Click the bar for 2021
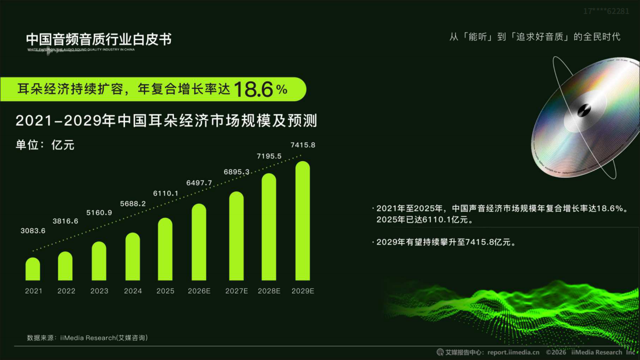click(33, 269)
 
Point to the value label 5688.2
click(132, 204)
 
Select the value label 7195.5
click(269, 156)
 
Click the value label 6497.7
click(199, 183)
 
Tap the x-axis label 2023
click(99, 291)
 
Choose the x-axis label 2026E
click(199, 291)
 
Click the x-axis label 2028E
click(269, 291)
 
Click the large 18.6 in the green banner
click(253, 89)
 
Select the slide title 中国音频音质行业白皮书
click(99, 39)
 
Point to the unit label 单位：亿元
click(45, 145)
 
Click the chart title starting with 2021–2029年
click(166, 121)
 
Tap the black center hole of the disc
click(585, 109)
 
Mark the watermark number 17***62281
click(606, 11)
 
